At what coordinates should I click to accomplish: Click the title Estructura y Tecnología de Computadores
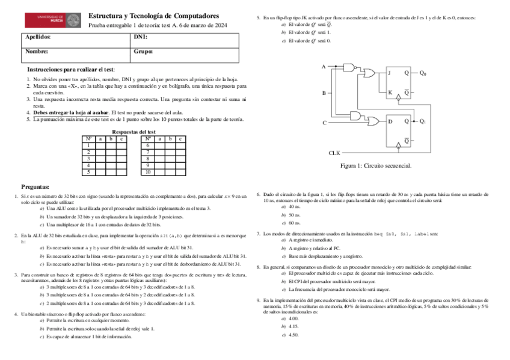pyautogui.click(x=153, y=16)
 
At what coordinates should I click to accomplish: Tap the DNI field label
pyautogui.click(x=140, y=37)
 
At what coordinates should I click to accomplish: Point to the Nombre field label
pyautogui.click(x=37, y=52)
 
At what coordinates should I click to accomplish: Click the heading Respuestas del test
pyautogui.click(x=134, y=132)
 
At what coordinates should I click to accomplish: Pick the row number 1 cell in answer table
pyautogui.click(x=88, y=145)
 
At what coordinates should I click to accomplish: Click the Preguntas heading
pyautogui.click(x=35, y=187)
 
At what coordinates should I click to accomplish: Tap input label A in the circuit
pyautogui.click(x=324, y=66)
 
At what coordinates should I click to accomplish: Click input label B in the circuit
pyautogui.click(x=324, y=93)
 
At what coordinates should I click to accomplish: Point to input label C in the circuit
pyautogui.click(x=324, y=123)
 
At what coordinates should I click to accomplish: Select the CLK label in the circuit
pyautogui.click(x=334, y=153)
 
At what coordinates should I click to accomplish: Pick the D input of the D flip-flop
pyautogui.click(x=390, y=121)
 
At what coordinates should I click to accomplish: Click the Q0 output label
pyautogui.click(x=423, y=73)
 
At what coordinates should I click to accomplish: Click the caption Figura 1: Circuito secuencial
pyautogui.click(x=376, y=165)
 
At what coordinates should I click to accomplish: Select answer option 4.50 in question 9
pyautogui.click(x=293, y=334)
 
